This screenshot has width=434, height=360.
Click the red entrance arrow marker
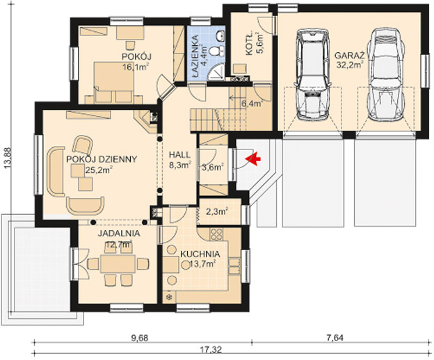pos(253,160)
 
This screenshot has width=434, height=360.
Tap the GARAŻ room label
pos(349,56)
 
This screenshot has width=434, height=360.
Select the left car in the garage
pos(313,74)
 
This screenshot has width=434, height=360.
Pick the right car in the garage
pos(385,74)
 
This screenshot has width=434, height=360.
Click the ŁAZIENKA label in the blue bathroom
pos(195,54)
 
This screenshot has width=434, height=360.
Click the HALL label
pos(180,154)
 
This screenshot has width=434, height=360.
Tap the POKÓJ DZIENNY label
pos(102,159)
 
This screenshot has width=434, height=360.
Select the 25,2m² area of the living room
pos(98,170)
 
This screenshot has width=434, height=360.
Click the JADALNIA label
pos(119,234)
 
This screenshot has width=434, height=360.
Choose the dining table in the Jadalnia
pos(118,264)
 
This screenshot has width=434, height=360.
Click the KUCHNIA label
pos(200,254)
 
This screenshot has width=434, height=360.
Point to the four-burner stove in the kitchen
pos(216,234)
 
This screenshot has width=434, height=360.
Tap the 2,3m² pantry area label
pos(217,212)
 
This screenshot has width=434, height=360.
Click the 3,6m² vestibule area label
pos(213,167)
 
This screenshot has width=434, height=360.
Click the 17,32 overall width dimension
pos(214,350)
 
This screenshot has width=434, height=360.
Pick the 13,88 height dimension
pos(8,158)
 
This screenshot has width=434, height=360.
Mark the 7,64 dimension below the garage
pos(335,338)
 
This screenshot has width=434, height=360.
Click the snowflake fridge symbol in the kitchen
pos(168,297)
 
